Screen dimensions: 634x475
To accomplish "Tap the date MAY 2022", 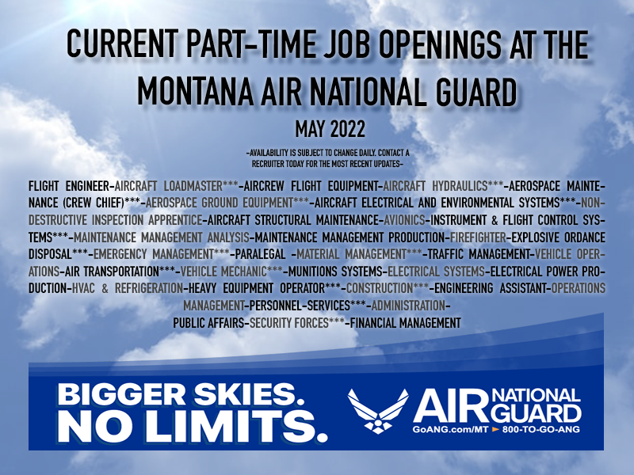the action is coord(330,129).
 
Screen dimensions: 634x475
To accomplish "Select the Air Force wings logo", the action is coord(378,411).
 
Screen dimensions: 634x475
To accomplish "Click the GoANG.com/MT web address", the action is coord(450,429).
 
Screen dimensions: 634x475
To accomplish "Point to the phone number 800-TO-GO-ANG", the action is coord(541,429).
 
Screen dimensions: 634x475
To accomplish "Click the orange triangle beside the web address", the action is coord(495,429).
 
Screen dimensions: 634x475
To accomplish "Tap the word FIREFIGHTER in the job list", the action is coord(478,237).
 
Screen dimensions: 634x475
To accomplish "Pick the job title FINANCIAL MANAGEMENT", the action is coord(406,323).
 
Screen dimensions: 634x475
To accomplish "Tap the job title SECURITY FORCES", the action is coord(289,323).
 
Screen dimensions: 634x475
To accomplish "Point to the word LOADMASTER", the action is coord(193,186).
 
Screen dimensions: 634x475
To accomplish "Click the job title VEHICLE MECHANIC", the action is coord(223,272).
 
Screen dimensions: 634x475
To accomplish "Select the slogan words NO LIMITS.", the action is coord(193,426).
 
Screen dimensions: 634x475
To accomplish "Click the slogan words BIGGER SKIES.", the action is coord(181,394).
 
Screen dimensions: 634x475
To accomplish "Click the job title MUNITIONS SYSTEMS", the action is coord(335,272).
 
